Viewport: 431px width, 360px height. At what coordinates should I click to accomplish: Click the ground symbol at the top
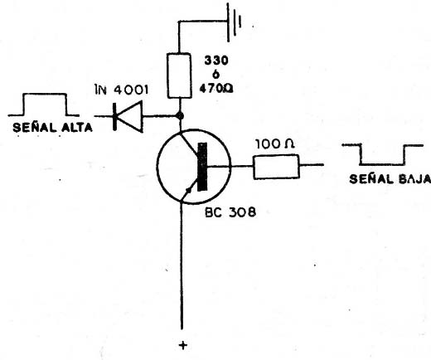click(234, 22)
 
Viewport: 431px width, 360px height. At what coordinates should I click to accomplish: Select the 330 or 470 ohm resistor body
click(179, 75)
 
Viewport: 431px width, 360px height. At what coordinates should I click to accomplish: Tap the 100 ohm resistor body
click(276, 167)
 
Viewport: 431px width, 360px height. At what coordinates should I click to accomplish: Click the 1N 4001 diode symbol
click(128, 116)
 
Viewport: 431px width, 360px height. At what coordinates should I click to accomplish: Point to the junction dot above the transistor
click(180, 115)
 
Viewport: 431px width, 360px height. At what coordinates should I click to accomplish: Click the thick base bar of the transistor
click(202, 167)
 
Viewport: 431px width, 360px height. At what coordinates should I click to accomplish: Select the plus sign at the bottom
click(182, 345)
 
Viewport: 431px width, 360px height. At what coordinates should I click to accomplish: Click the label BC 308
click(230, 212)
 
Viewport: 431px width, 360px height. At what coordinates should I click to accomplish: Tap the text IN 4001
click(122, 90)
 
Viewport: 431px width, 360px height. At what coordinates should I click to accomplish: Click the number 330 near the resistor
click(216, 61)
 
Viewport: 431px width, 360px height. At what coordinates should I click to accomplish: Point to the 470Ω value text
click(215, 89)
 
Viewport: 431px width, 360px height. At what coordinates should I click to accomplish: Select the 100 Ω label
click(275, 144)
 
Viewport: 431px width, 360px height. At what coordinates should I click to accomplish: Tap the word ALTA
click(76, 127)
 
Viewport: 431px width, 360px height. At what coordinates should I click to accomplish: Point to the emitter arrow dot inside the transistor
click(189, 191)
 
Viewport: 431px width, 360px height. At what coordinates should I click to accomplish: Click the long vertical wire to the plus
click(182, 265)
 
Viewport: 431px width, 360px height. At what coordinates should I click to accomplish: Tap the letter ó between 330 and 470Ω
click(215, 74)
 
